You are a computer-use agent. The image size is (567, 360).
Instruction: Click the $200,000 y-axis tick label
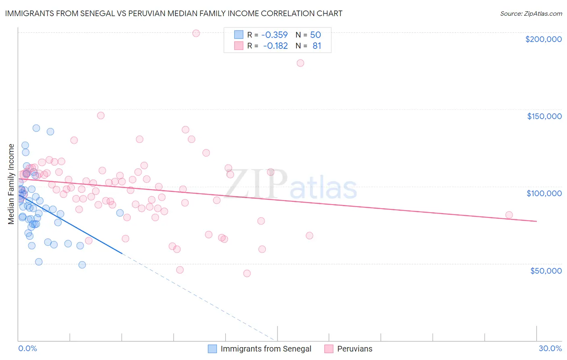543,39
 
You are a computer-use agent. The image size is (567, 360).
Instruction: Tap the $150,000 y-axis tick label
544,116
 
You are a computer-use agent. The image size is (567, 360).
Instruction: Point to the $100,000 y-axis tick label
544,193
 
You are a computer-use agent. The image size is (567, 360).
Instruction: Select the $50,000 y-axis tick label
546,270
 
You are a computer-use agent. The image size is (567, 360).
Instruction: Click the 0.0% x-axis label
27,348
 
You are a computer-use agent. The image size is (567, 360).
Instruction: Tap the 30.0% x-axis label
550,348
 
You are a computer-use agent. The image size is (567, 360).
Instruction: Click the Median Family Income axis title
11,184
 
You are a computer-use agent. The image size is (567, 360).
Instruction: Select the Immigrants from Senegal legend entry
266,349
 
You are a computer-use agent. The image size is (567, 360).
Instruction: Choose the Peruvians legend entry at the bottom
354,349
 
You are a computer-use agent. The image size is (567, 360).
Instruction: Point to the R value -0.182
275,46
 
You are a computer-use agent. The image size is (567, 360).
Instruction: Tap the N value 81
317,46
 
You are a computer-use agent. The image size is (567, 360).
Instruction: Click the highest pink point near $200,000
196,33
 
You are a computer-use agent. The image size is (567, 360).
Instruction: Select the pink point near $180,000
300,63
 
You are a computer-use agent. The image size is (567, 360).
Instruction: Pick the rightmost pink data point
509,215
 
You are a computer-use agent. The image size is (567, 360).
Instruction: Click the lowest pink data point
247,273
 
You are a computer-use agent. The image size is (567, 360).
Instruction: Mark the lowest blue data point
82,265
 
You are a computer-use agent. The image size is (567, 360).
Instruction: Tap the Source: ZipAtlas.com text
531,14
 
